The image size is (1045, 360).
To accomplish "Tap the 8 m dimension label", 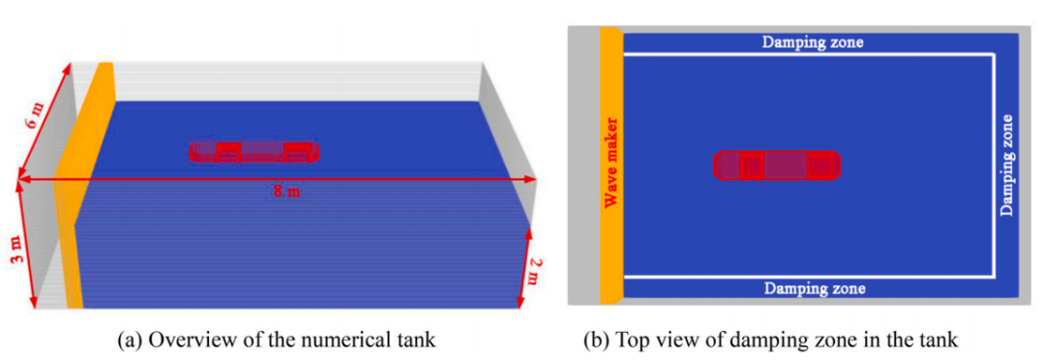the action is pyautogui.click(x=286, y=192).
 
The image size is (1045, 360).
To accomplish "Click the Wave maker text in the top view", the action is pyautogui.click(x=612, y=163).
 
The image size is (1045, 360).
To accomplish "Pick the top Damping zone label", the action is pyautogui.click(x=813, y=43).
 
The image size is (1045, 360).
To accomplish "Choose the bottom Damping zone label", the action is pyautogui.click(x=815, y=288).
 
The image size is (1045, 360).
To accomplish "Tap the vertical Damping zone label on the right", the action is pyautogui.click(x=1007, y=165).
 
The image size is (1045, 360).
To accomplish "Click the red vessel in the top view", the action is pyautogui.click(x=777, y=165).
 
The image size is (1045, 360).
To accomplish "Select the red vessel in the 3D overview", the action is pyautogui.click(x=254, y=152).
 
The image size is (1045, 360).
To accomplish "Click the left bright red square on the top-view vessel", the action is pyautogui.click(x=752, y=165).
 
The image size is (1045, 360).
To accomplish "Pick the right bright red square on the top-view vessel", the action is pyautogui.click(x=819, y=165).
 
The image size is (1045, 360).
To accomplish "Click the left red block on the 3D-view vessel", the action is pyautogui.click(x=228, y=152).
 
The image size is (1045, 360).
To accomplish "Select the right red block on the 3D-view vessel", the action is pyautogui.click(x=297, y=152).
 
